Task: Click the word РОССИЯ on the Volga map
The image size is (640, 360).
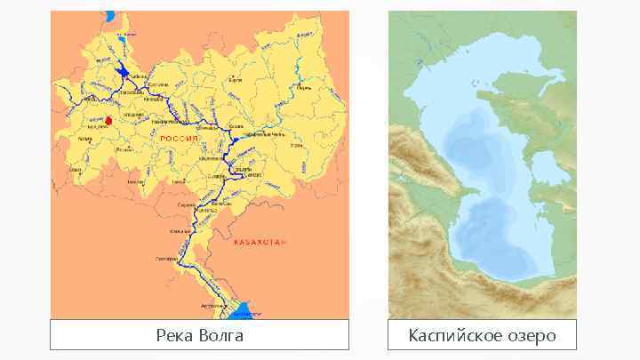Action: [x=178, y=140]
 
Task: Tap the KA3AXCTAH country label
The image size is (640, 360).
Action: [x=260, y=242]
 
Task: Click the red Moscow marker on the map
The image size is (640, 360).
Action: [x=108, y=120]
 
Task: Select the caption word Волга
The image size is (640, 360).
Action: [x=221, y=336]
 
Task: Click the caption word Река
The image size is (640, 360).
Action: [x=176, y=336]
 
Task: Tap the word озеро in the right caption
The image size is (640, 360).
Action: [x=531, y=336]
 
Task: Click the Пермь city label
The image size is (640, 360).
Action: [x=304, y=88]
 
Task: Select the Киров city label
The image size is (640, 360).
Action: [x=236, y=81]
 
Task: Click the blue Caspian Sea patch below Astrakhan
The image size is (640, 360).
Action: [x=242, y=311]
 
